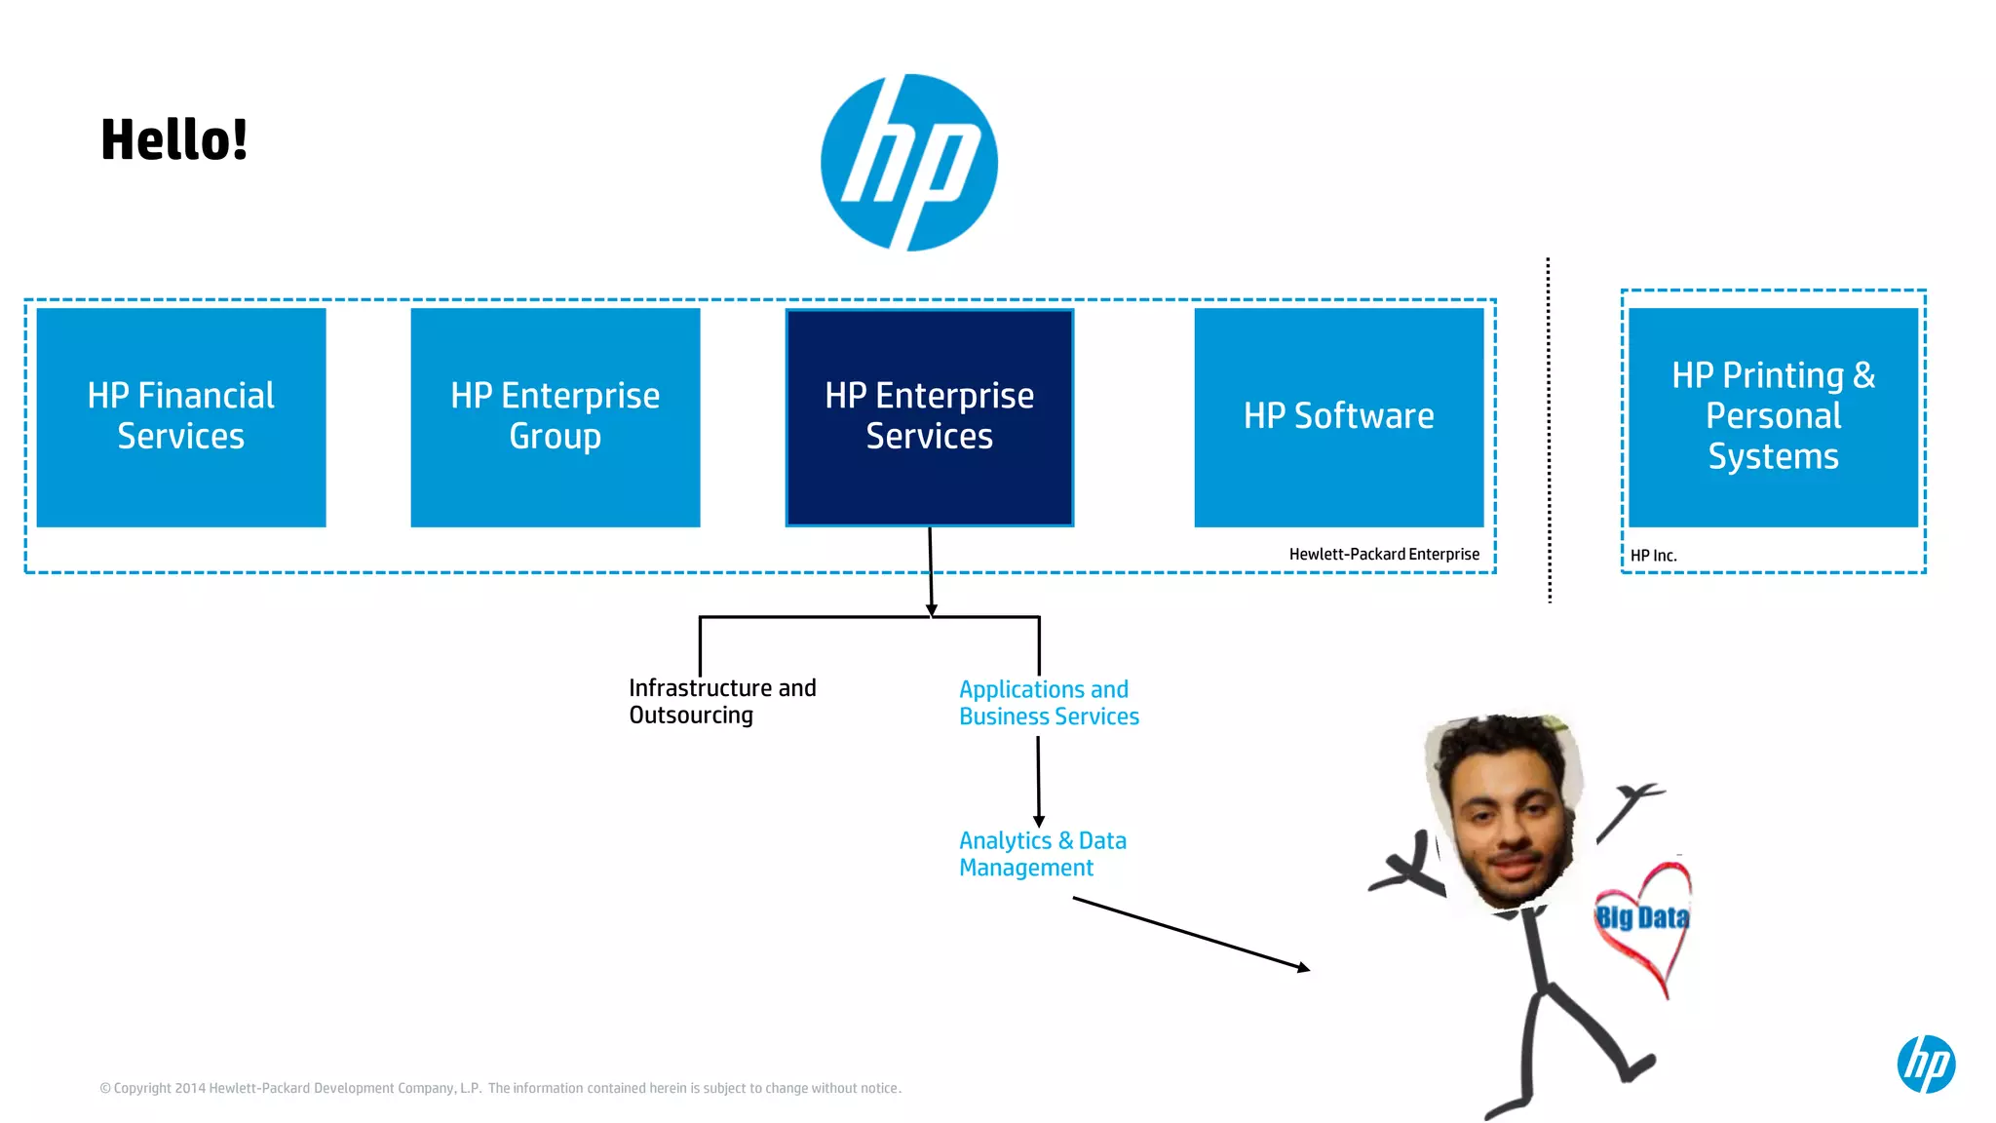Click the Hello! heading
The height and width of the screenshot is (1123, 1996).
[174, 139]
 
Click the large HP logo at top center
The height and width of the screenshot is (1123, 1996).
[908, 162]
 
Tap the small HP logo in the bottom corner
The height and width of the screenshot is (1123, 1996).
[1926, 1064]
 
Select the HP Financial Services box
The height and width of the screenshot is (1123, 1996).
[181, 417]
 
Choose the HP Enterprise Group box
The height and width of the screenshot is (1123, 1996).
[556, 417]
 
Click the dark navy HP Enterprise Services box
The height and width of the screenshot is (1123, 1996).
[930, 417]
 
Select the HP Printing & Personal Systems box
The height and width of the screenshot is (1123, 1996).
[1773, 417]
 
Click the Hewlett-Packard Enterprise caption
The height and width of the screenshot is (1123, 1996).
[1384, 554]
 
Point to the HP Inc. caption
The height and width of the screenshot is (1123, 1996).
[1653, 556]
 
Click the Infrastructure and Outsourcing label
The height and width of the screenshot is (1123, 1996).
[722, 701]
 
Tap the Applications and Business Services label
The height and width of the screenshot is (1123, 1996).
[1049, 703]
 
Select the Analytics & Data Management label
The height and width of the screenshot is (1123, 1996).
[1042, 854]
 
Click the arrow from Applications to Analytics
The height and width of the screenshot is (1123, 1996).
[1038, 780]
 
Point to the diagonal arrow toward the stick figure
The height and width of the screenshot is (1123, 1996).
[1191, 934]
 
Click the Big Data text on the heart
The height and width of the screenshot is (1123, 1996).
[1642, 917]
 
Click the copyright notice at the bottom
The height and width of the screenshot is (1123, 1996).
[500, 1088]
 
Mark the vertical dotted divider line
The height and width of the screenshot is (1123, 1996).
[1549, 429]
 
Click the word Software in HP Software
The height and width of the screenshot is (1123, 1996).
[1363, 416]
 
